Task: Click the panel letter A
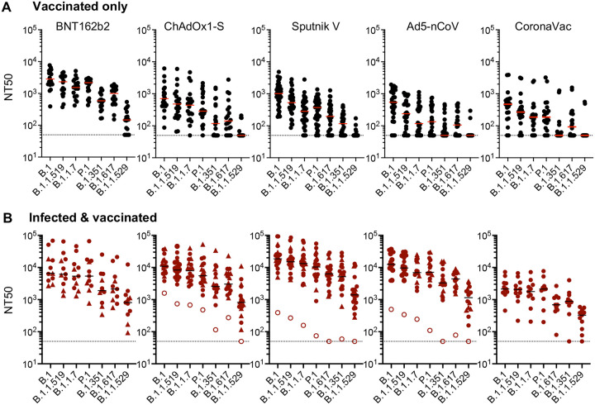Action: click(x=7, y=7)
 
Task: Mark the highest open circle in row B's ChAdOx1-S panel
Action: click(x=164, y=293)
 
